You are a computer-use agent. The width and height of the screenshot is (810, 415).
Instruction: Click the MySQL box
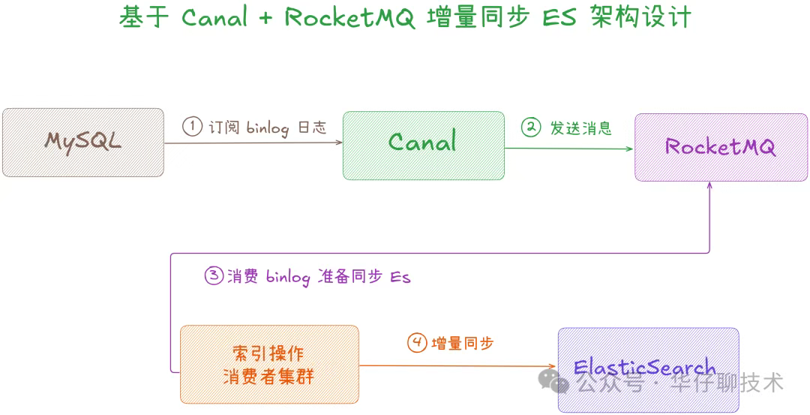coord(82,143)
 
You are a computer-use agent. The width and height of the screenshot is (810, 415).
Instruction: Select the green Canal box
coord(424,145)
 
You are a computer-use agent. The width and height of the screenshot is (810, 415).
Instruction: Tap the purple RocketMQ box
coord(721,147)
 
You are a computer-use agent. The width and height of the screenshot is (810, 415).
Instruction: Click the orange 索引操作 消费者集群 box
coord(269,364)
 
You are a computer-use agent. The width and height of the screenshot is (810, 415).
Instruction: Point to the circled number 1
coord(193,127)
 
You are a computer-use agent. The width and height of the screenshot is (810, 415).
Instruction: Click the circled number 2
coord(531,127)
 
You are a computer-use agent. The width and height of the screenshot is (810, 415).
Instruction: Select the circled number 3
coord(214,275)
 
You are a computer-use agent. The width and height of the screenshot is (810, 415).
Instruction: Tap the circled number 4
coord(417,343)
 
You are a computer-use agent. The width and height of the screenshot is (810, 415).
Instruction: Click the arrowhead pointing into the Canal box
coord(339,143)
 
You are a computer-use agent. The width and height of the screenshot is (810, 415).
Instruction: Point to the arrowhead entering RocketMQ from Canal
coord(630,149)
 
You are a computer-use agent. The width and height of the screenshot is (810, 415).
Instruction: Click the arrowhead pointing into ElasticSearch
coord(553,366)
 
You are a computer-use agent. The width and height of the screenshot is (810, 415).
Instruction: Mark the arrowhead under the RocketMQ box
coord(709,186)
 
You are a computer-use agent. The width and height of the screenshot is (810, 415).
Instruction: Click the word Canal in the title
coord(214,17)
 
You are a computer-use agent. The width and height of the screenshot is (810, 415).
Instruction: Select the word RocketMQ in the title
coord(349,17)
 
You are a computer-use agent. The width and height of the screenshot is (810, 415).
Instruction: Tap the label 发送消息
coord(581,128)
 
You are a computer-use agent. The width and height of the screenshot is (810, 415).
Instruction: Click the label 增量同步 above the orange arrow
coord(463,344)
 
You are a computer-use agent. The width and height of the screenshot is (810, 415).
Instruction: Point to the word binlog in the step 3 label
coord(288,277)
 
